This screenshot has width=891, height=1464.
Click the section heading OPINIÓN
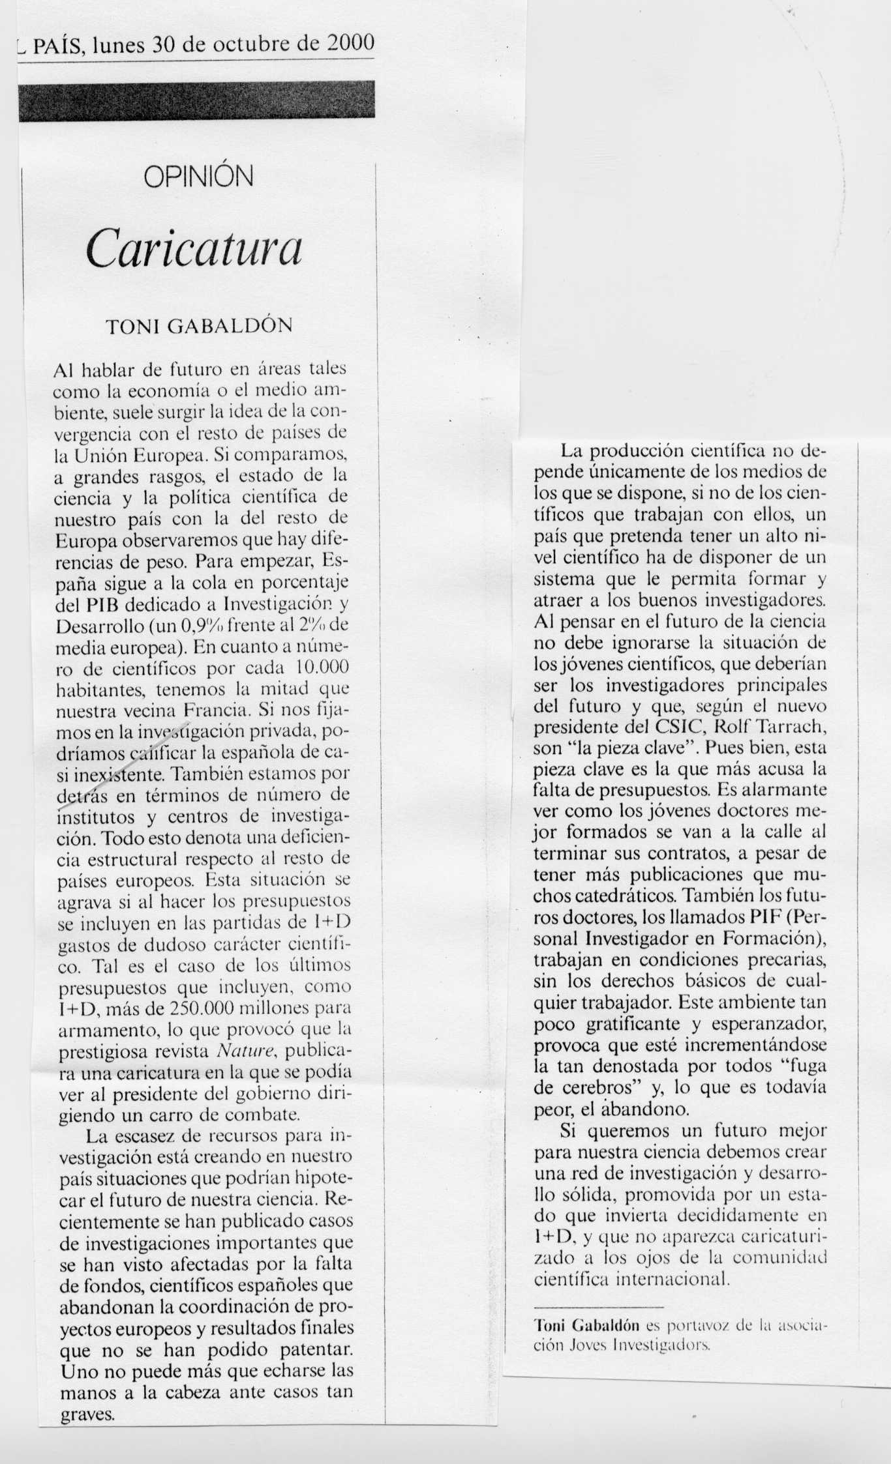[198, 177]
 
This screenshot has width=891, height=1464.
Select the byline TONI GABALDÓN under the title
[199, 326]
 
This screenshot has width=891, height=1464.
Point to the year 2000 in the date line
[350, 44]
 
